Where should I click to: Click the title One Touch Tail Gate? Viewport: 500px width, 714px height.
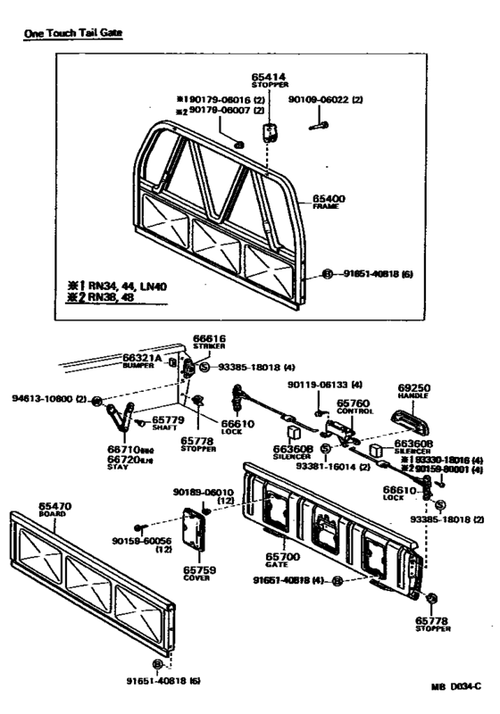[72, 32]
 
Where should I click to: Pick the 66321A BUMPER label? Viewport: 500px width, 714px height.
[139, 360]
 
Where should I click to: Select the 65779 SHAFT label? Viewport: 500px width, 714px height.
[167, 420]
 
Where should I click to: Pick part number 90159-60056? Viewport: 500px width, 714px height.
[140, 544]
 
